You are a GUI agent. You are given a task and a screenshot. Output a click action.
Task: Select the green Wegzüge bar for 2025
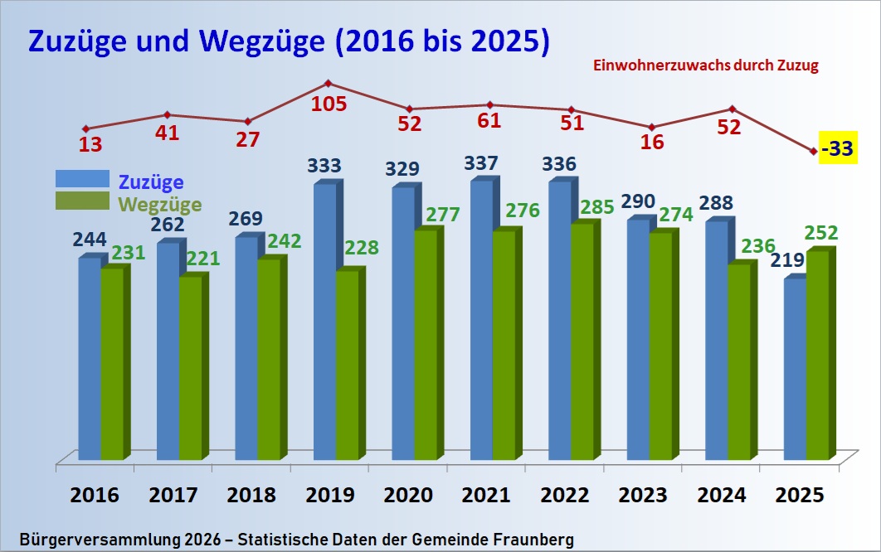[x=817, y=356]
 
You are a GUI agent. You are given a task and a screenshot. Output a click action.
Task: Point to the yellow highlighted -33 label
[x=838, y=149]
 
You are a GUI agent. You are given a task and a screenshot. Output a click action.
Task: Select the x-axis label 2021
[x=486, y=496]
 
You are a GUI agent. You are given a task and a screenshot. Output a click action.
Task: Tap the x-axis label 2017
[x=173, y=496]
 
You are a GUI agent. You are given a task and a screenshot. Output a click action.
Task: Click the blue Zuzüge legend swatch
[x=82, y=179]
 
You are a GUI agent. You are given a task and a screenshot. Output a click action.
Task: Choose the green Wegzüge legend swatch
[x=82, y=201]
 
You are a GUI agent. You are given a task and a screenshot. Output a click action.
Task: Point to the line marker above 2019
[x=329, y=83]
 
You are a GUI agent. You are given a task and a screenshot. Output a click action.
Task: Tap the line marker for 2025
[x=813, y=151]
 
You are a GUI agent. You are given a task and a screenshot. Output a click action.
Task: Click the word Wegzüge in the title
[x=266, y=42]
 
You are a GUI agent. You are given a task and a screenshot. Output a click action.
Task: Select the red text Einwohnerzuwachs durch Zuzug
[x=705, y=66]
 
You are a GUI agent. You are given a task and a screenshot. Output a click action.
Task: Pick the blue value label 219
[x=788, y=260]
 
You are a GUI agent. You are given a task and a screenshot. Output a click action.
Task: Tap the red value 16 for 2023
[x=652, y=141]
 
